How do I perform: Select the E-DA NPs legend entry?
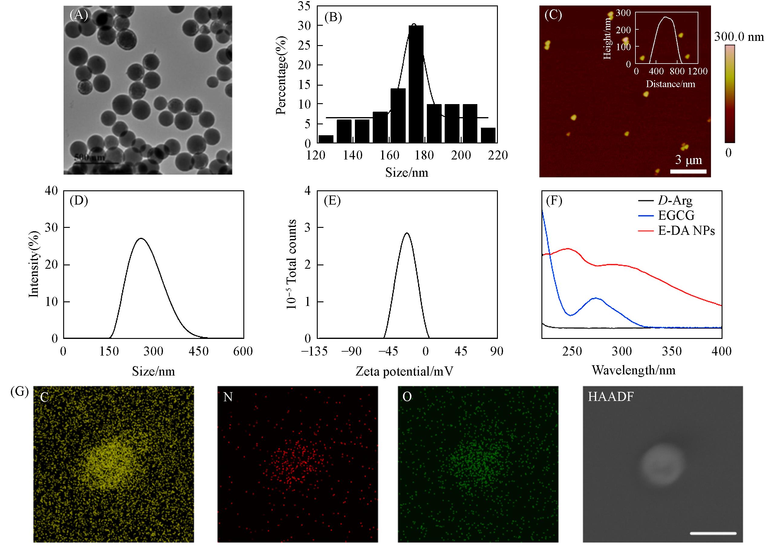pos(686,231)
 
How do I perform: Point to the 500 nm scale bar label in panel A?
pos(89,157)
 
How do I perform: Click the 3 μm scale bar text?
pos(688,160)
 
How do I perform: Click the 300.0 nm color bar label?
pos(739,37)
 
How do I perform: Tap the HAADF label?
pos(611,397)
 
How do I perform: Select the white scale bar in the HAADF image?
pos(713,524)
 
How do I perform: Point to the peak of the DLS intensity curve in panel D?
pos(141,238)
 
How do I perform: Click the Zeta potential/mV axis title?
pos(404,371)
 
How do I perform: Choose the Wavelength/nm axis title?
pos(634,370)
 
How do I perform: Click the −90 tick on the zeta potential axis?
pos(351,351)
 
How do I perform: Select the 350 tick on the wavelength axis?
pos(672,351)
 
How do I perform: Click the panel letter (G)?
pos(20,392)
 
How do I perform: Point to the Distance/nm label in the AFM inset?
pos(670,84)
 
